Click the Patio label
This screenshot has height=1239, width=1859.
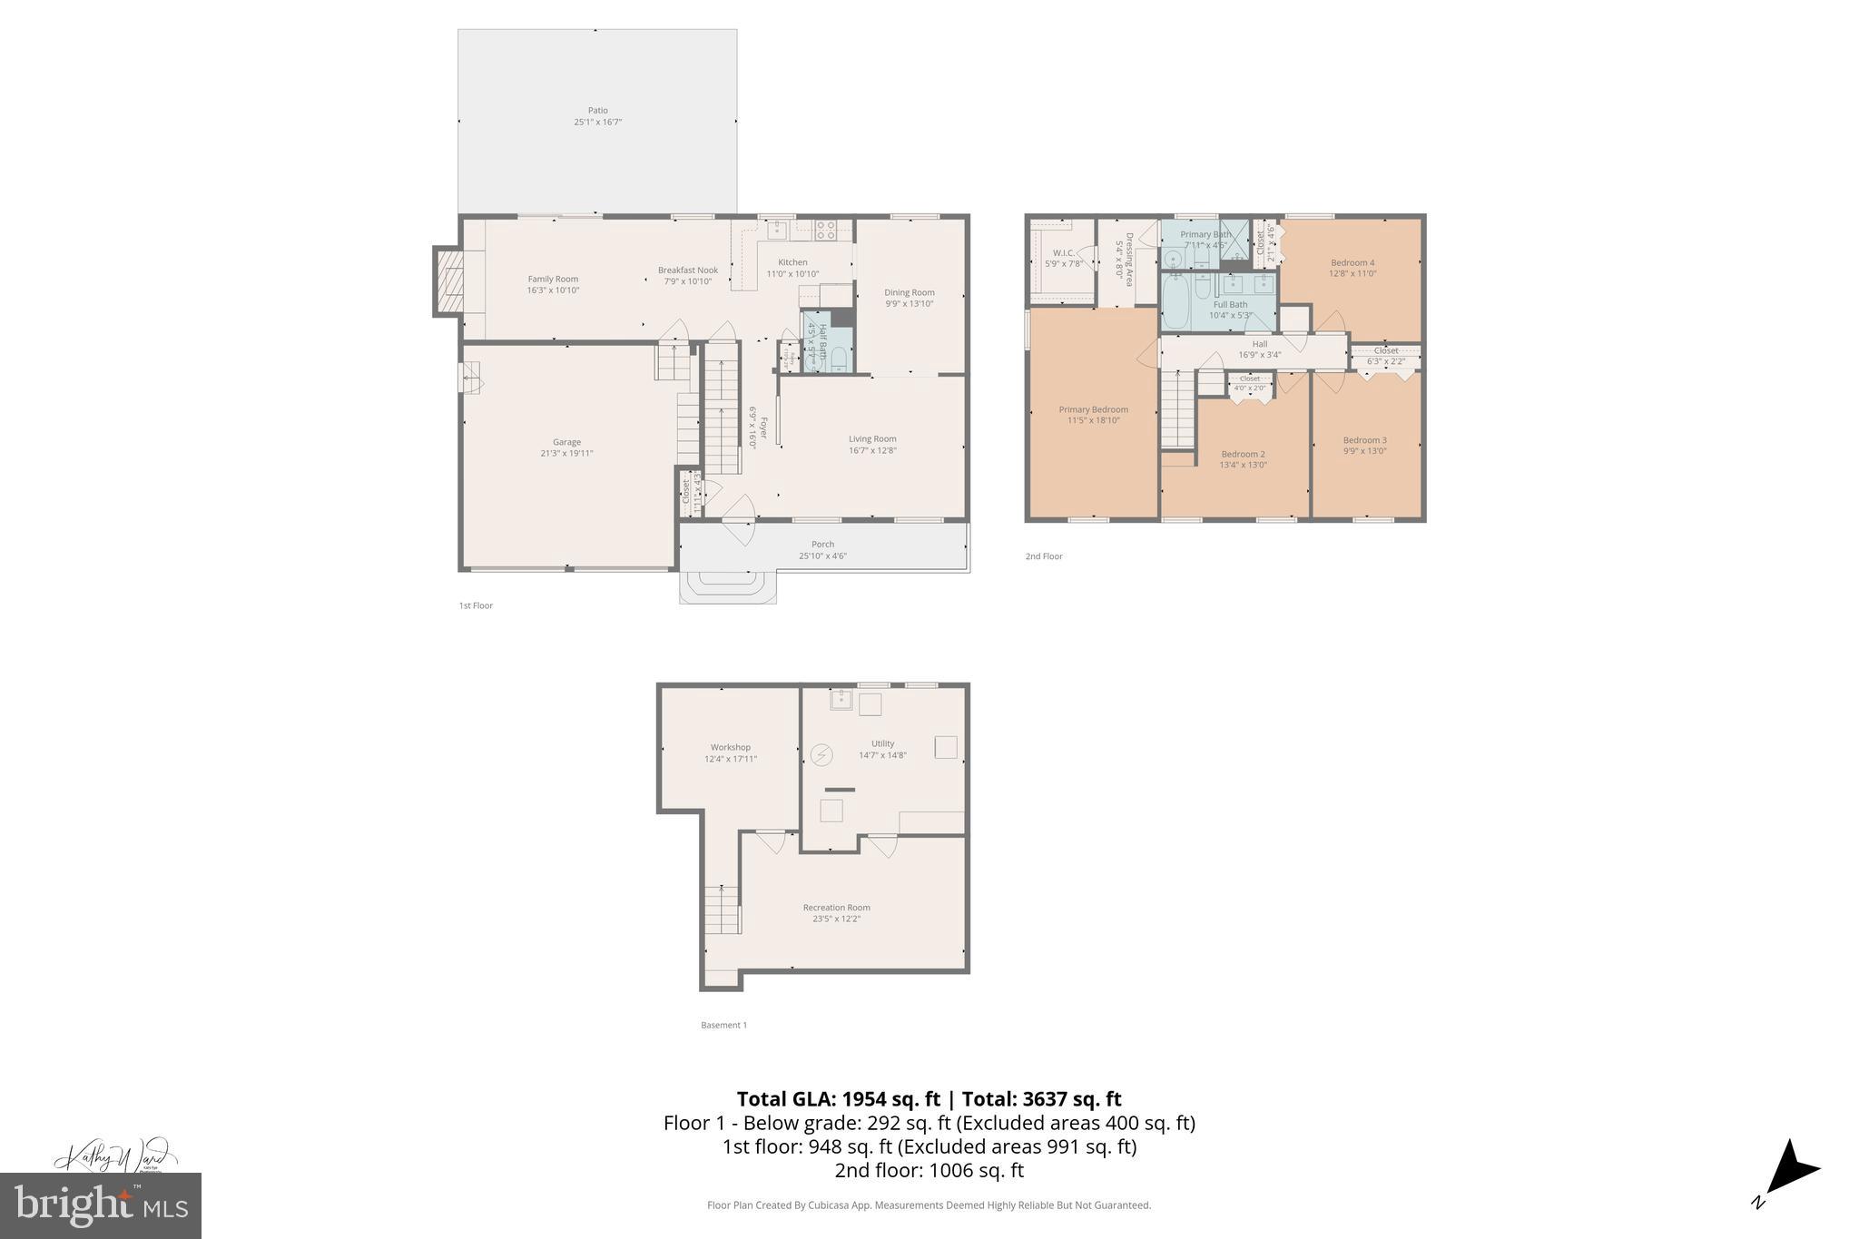tap(597, 111)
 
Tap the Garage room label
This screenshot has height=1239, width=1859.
tap(566, 442)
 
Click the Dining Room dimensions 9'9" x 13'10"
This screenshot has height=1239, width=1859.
tap(910, 304)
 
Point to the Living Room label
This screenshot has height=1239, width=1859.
tap(872, 438)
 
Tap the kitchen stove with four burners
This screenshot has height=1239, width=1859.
tap(825, 231)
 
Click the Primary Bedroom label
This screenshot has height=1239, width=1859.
tap(1093, 409)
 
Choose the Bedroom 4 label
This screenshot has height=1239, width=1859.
tap(1352, 262)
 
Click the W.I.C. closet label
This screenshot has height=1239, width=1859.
tap(1063, 252)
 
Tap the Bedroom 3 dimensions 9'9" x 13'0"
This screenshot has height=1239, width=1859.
tap(1364, 451)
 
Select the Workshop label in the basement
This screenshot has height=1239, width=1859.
tap(730, 747)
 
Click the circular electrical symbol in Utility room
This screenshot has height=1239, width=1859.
tap(821, 754)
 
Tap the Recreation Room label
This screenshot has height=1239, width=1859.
tap(836, 907)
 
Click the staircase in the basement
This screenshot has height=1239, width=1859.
tap(723, 910)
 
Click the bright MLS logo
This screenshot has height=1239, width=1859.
tap(101, 1205)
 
